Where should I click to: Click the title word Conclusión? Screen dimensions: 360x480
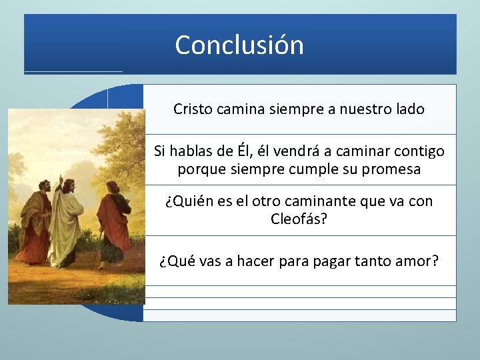pos(239,45)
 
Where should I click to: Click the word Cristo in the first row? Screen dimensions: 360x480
pos(193,109)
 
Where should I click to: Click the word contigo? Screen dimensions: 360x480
pos(418,151)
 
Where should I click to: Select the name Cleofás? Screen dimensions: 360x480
pos(299,219)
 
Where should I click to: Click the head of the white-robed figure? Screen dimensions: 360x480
pos(69,185)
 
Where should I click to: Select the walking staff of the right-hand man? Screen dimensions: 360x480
pos(101,247)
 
